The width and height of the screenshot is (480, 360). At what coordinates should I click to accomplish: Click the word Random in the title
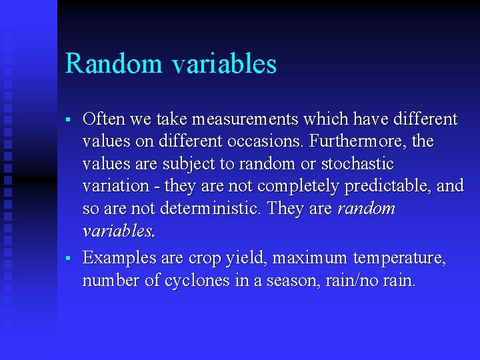tap(113, 64)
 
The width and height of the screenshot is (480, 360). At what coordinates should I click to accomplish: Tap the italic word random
tap(366, 209)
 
